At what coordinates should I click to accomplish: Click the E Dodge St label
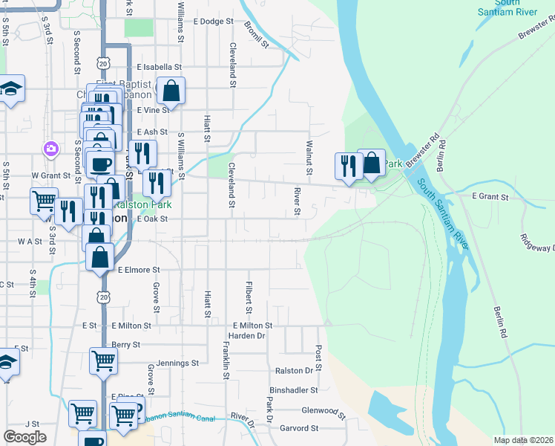[x=213, y=22]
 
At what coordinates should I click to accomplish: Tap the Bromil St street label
[x=255, y=34]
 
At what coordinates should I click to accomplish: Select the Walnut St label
[x=308, y=152]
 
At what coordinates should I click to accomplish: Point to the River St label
[x=296, y=201]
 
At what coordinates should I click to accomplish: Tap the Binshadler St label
[x=294, y=390]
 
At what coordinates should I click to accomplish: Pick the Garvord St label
[x=299, y=428]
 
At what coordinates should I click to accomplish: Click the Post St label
[x=318, y=358]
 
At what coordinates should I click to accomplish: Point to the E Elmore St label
[x=139, y=270]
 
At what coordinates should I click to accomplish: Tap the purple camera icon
[x=50, y=148]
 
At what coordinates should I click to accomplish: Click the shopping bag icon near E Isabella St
[x=171, y=91]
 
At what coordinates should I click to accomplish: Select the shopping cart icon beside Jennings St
[x=103, y=361]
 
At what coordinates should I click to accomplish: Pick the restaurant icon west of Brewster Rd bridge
[x=347, y=165]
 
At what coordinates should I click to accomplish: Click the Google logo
[x=25, y=437]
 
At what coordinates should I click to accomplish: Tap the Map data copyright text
[x=523, y=440]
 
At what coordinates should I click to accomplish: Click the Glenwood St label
[x=324, y=410]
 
